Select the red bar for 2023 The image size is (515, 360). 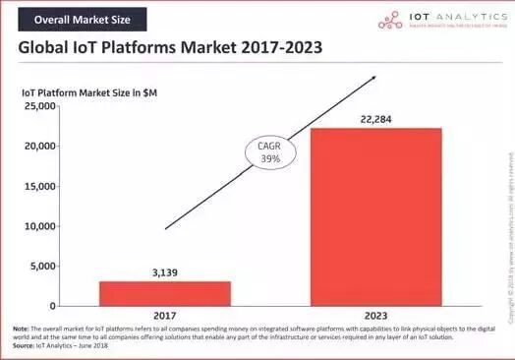point(376,216)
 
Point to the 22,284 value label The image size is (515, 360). point(376,118)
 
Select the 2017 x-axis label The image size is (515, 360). point(150,317)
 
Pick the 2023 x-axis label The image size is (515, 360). point(376,317)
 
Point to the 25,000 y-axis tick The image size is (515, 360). point(39,105)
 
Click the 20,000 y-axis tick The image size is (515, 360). point(39,146)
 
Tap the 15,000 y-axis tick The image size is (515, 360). point(39,186)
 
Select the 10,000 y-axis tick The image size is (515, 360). point(39,226)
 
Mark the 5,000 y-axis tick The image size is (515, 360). point(42,266)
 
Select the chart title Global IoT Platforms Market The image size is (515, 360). point(170,48)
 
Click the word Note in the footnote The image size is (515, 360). point(21,329)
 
